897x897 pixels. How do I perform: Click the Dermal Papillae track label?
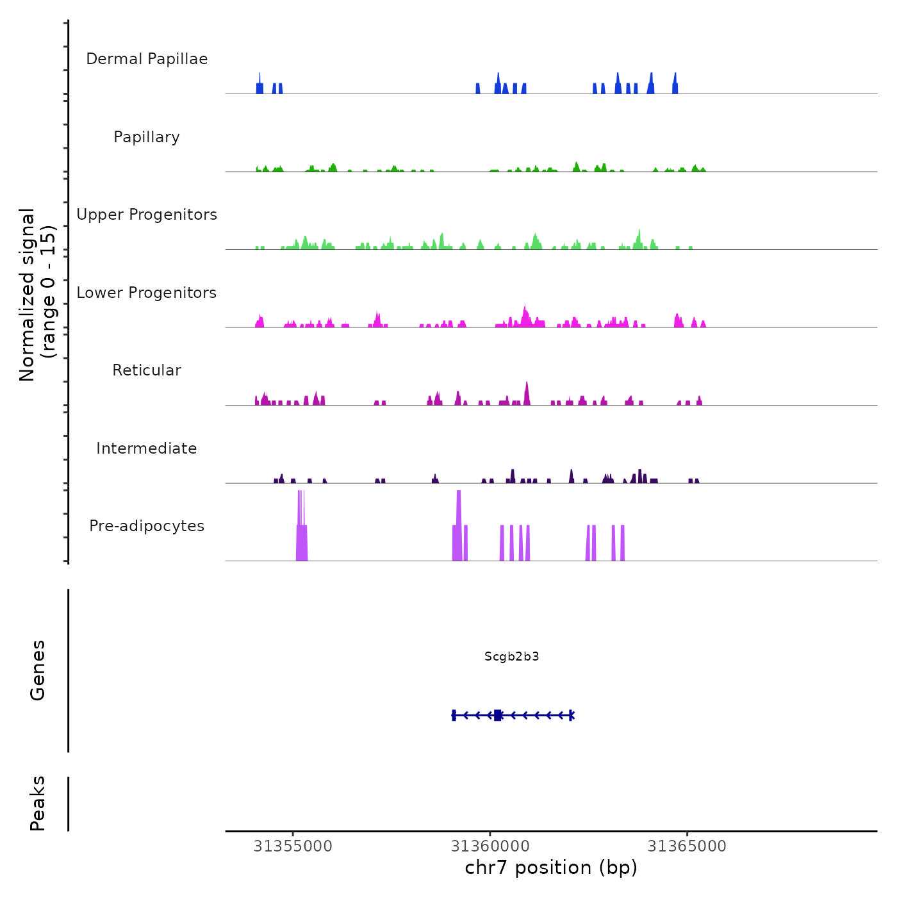pos(147,59)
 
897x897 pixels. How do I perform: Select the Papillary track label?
pos(147,137)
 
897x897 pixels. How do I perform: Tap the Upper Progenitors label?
pos(147,215)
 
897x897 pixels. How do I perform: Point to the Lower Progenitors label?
pos(147,293)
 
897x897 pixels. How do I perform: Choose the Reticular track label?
pos(147,370)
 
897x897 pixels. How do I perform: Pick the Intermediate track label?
pos(147,448)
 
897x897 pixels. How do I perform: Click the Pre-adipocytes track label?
pos(147,526)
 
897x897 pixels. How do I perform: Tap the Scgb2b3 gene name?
pos(512,656)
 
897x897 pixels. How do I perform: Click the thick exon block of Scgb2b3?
pos(498,715)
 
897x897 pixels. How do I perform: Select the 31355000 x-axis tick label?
pos(293,846)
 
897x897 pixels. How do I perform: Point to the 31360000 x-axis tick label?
pos(490,846)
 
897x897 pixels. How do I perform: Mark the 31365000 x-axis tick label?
pos(687,846)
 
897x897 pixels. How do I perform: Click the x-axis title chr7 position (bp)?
pos(551,868)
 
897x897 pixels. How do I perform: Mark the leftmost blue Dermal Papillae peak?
pos(259,86)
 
